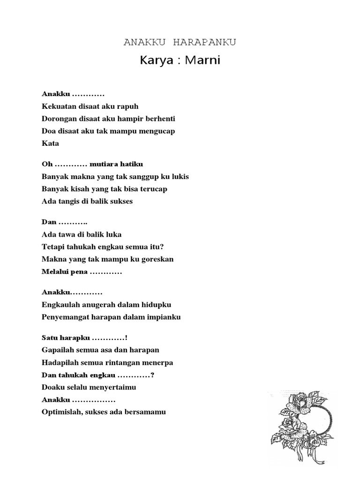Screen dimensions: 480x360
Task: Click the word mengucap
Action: point(157,131)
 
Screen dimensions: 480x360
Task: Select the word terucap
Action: point(150,189)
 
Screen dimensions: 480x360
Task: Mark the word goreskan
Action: point(157,259)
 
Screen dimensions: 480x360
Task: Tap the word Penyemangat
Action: point(65,317)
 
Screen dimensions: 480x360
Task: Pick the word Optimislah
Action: point(61,412)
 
